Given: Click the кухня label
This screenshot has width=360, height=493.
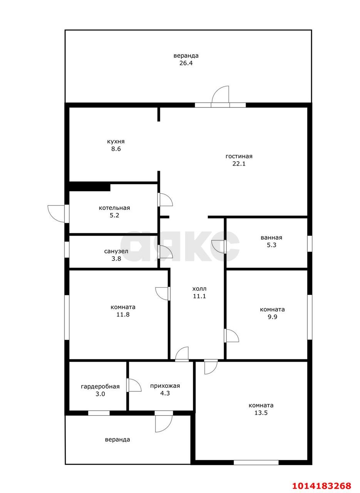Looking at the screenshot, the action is click(116, 141).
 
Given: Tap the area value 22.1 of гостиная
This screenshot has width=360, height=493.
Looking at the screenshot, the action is click(239, 164).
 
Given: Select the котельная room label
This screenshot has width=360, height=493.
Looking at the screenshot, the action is click(114, 208).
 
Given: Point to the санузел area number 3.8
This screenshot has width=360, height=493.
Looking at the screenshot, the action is click(116, 258).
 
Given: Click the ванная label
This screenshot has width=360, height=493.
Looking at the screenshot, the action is click(271, 238).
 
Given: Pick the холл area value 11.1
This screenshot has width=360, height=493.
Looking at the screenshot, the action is click(199, 296).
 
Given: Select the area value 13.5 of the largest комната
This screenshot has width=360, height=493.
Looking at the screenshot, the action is click(261, 413).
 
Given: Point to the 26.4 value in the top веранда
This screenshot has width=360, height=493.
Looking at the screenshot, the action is click(186, 63).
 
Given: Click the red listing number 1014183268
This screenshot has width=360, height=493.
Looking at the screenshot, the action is click(321, 484).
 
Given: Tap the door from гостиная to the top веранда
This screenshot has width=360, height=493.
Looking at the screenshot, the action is click(221, 97).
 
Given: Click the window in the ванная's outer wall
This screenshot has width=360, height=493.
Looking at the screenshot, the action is click(310, 243).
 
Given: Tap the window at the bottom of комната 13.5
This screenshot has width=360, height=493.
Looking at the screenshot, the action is click(256, 462).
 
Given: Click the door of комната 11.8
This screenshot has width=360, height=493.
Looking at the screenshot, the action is click(163, 293).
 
